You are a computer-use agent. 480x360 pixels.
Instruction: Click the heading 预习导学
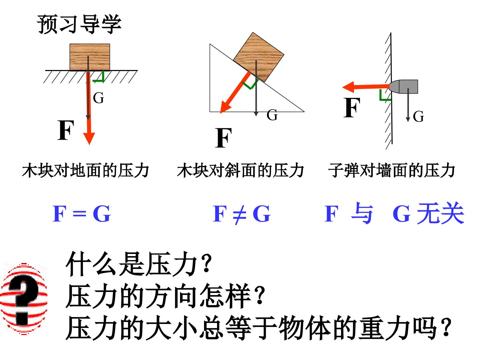79,24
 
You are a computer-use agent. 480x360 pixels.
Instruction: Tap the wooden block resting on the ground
90,57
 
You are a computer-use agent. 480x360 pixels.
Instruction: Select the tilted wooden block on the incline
258,57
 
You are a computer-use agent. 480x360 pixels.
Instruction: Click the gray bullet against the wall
403,87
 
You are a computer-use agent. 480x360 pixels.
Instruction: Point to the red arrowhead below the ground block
89,138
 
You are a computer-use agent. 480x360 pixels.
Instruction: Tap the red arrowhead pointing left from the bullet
348,87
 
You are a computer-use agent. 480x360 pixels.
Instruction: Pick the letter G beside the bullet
418,116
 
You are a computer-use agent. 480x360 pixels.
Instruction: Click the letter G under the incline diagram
272,115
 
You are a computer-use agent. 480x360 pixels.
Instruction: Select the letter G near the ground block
98,98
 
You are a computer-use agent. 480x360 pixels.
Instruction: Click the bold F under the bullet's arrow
352,108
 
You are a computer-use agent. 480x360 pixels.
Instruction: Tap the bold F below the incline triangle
223,138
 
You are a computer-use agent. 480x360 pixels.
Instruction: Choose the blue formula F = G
82,214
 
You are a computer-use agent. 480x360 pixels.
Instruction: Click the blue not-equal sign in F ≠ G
240,214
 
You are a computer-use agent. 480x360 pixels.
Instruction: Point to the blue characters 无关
441,213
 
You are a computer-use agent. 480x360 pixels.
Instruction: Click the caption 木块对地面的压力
86,170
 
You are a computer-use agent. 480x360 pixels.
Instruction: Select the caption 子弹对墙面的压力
391,170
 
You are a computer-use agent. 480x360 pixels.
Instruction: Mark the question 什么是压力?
139,264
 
